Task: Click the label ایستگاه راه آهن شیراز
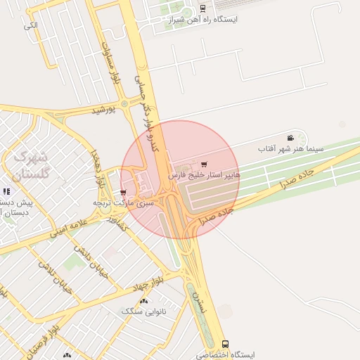203,20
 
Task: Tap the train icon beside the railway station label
202,8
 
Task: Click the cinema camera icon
290,138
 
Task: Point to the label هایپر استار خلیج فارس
204,174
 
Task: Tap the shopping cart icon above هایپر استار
204,164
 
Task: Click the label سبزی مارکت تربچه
124,202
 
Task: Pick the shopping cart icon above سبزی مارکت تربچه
124,192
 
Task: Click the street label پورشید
102,110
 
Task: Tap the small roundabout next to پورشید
124,104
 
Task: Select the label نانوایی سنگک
144,311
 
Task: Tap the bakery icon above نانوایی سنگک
144,301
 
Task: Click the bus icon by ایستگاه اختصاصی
225,345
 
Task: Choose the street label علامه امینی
68,229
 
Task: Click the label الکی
30,26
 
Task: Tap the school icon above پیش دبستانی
6,191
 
